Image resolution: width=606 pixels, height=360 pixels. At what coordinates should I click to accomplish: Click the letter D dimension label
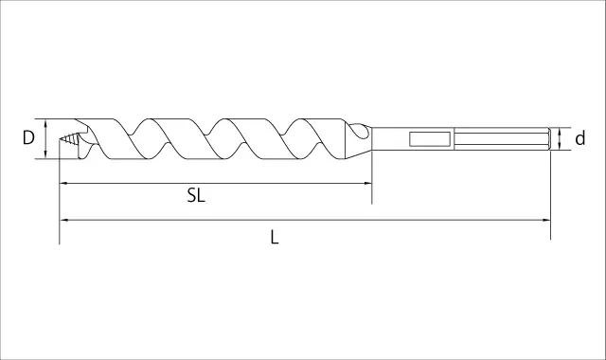click(28, 137)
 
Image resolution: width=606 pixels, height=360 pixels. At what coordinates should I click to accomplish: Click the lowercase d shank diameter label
click(580, 138)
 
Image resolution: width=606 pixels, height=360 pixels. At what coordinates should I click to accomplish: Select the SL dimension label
click(196, 195)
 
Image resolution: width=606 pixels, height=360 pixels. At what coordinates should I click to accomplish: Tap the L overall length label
click(275, 237)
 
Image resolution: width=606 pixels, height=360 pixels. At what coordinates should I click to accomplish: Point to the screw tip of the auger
click(68, 138)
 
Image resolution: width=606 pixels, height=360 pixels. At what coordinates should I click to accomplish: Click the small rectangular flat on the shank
click(430, 139)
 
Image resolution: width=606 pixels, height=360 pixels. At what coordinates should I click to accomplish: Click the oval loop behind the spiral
click(360, 131)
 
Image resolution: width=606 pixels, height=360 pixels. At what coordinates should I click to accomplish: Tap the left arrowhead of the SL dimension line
click(64, 183)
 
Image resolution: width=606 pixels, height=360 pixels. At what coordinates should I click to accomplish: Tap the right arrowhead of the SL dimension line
click(367, 183)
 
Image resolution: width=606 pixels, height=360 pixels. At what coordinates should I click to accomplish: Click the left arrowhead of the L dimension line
click(64, 220)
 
